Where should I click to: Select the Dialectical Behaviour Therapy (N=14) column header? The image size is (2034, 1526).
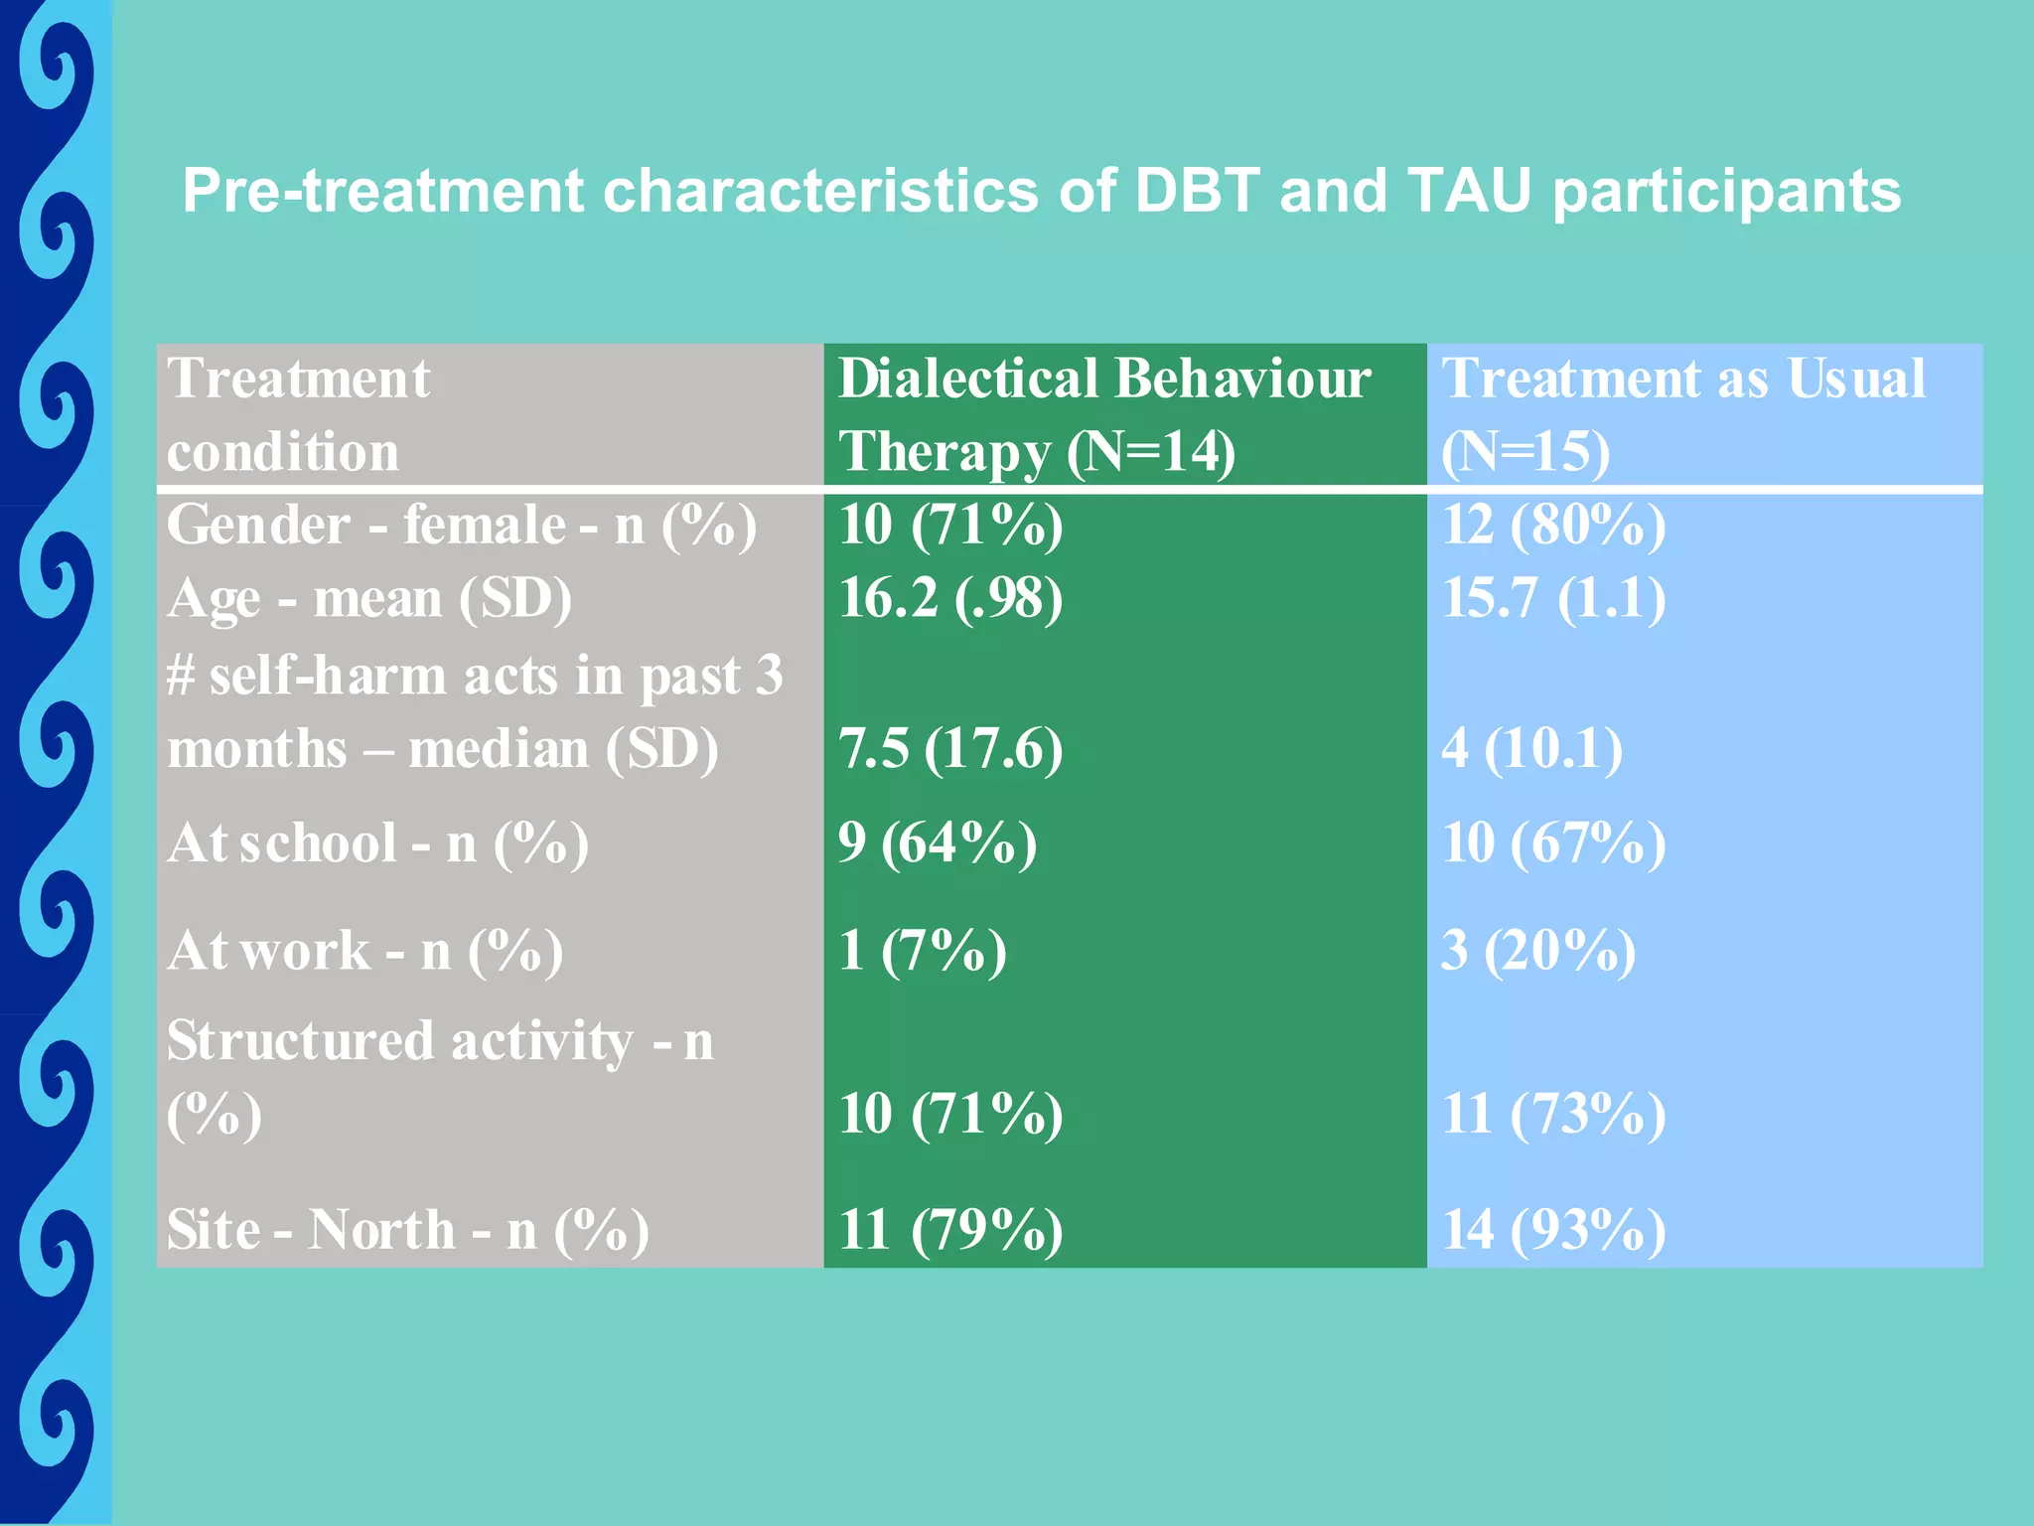click(1104, 414)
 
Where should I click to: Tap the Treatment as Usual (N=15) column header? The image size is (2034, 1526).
click(1682, 414)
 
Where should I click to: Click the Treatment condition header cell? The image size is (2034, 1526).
click(298, 414)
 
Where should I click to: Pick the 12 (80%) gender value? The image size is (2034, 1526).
click(1553, 525)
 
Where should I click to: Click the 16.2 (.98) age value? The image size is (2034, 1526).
click(950, 598)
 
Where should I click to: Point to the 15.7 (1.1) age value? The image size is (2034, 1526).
click(1553, 598)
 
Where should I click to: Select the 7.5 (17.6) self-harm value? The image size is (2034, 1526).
click(950, 748)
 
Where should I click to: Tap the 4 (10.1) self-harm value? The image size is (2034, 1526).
click(1531, 748)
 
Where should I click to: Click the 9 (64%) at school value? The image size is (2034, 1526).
click(937, 842)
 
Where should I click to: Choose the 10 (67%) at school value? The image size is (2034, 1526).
click(1553, 842)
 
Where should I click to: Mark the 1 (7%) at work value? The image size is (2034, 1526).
click(922, 950)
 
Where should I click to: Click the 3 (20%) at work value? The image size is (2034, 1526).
click(1538, 950)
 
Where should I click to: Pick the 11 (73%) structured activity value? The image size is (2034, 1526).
click(1553, 1113)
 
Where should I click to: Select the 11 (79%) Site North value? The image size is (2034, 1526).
click(950, 1229)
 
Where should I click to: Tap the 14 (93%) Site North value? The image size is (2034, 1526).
click(1553, 1229)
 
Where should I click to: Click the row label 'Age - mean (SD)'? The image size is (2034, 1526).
click(369, 599)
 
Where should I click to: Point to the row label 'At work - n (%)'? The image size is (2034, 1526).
click(364, 951)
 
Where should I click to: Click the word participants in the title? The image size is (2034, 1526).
click(1726, 192)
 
